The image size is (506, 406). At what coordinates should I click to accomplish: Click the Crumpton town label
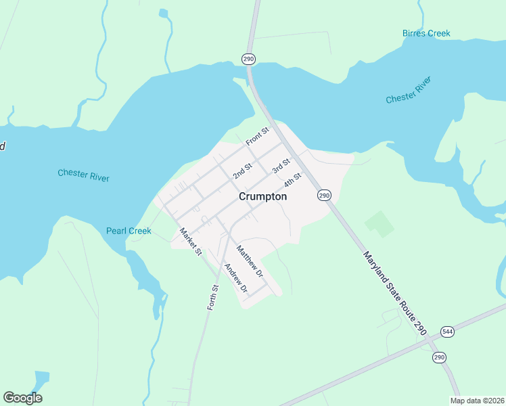click(262, 196)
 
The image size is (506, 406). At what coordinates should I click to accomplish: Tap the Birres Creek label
click(426, 33)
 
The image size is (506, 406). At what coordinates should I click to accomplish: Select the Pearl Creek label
click(129, 231)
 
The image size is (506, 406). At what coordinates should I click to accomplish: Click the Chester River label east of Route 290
click(408, 90)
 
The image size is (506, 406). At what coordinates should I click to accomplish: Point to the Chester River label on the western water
click(83, 175)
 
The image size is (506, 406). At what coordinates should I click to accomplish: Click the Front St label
click(258, 136)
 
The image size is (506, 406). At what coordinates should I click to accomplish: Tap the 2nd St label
click(242, 171)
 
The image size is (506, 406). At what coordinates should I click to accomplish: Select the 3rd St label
click(281, 165)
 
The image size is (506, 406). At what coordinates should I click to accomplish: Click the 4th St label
click(292, 181)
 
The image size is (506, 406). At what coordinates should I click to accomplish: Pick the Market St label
click(191, 242)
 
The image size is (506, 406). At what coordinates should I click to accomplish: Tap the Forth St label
click(214, 297)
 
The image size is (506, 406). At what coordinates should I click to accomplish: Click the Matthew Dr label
click(250, 261)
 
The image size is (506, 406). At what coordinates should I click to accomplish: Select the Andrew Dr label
click(236, 278)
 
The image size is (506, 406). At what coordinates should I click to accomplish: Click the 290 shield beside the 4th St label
click(324, 195)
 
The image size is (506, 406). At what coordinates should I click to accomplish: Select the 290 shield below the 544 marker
click(440, 357)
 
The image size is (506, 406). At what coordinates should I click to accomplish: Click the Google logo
click(22, 398)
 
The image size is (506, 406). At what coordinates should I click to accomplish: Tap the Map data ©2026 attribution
click(477, 401)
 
